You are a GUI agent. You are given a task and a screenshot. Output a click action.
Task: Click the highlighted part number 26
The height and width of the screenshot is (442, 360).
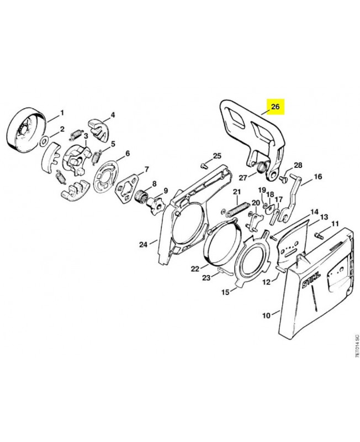coord(275,107)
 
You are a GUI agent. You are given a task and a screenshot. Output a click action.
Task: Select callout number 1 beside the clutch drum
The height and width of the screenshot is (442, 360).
coord(62,113)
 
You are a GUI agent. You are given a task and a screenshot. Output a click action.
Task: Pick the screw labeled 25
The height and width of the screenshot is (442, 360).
coord(202,166)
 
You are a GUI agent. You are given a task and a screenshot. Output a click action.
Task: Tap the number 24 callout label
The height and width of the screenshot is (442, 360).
coord(144,244)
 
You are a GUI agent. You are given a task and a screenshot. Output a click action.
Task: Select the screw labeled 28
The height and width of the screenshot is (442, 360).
coord(283,178)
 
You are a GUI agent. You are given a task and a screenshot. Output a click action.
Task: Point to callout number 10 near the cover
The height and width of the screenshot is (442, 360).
coord(266,315)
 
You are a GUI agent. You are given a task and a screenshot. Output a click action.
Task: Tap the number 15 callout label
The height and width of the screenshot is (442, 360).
coord(225,292)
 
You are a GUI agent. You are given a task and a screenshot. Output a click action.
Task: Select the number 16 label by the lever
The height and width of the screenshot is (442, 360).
coord(317,177)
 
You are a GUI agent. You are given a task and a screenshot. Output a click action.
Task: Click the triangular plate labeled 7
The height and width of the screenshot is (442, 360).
coord(127,187)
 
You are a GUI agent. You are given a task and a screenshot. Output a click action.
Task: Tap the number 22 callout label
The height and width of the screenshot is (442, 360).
coord(195,269)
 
